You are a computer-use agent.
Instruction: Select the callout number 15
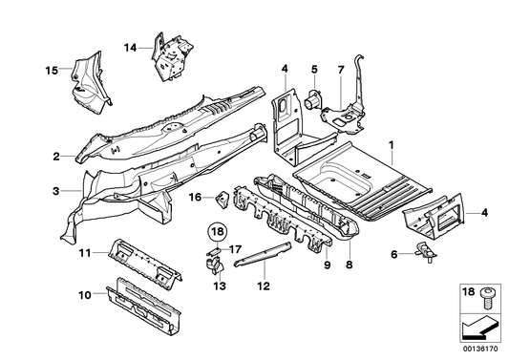coord(53,69)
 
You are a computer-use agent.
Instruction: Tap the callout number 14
coord(130,45)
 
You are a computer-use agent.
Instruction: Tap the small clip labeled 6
coord(425,252)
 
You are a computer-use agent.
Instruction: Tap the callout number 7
coord(340,69)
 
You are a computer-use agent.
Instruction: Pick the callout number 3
coord(55,191)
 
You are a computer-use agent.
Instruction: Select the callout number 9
coord(328,265)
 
